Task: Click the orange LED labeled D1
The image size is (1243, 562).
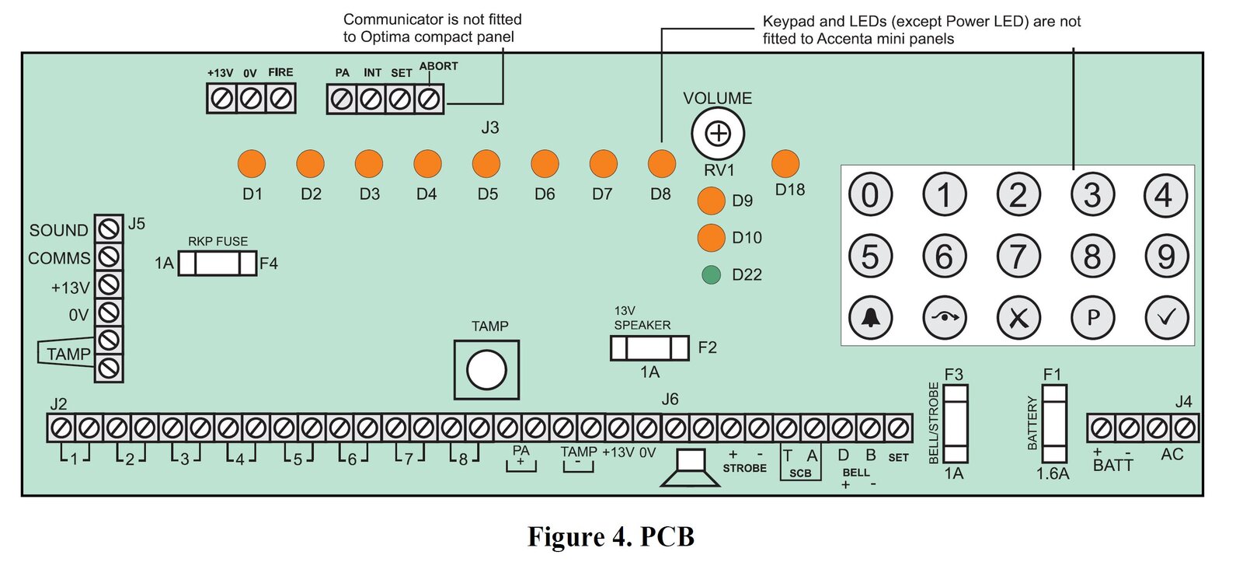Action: click(x=251, y=164)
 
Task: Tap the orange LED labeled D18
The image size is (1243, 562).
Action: click(x=785, y=164)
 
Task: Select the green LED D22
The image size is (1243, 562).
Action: click(x=711, y=274)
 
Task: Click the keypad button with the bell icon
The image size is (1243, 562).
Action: click(x=870, y=317)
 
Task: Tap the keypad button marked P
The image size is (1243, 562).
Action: click(x=1092, y=317)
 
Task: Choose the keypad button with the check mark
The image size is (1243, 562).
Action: click(x=1167, y=317)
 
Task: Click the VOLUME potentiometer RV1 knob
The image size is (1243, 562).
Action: click(x=718, y=134)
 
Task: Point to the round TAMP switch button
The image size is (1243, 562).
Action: click(x=486, y=369)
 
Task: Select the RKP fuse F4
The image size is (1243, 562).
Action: click(x=218, y=264)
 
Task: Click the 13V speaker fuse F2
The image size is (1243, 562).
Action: click(x=649, y=347)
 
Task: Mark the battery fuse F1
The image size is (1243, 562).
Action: click(x=1054, y=424)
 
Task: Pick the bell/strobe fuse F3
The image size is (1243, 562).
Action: click(x=956, y=424)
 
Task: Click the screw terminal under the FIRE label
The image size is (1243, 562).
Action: click(x=280, y=99)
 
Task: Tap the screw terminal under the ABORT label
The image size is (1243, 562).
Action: click(x=429, y=99)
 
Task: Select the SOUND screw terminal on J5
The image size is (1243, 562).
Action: click(x=109, y=229)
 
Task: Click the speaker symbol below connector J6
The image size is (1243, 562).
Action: click(x=691, y=468)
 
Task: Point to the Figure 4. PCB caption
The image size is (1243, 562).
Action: click(x=611, y=536)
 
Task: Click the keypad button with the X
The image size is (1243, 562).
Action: click(x=1018, y=317)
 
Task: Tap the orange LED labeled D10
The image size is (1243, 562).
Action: click(x=711, y=238)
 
